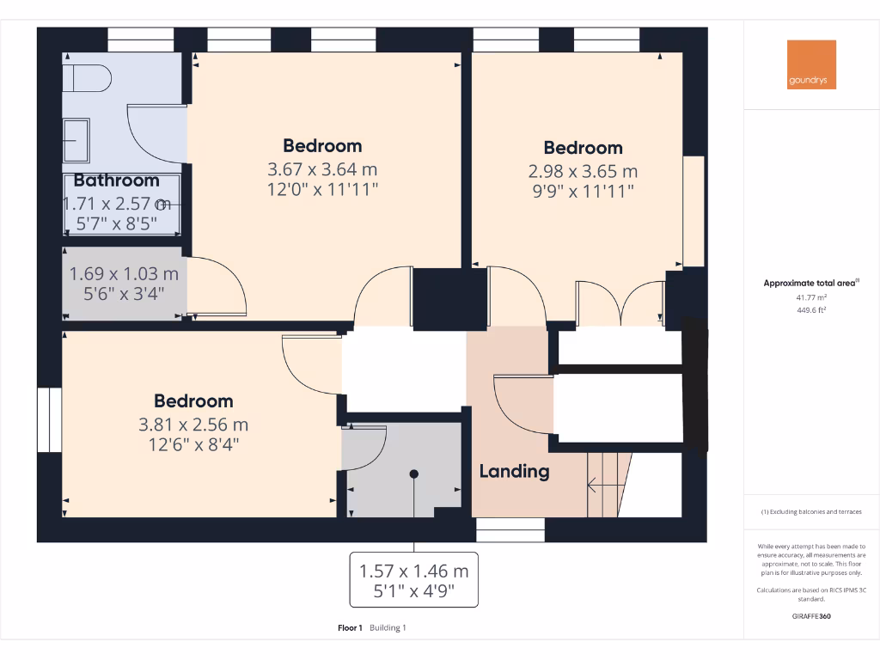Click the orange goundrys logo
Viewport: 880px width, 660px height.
811,64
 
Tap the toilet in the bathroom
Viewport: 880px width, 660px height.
86,78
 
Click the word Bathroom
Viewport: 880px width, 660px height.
116,180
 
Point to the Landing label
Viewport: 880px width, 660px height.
514,471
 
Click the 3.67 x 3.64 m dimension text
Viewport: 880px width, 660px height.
322,169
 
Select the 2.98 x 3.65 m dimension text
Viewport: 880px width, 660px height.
583,171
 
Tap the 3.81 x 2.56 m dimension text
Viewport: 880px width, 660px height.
192,425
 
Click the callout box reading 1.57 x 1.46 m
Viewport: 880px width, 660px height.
413,580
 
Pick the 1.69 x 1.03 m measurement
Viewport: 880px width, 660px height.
124,274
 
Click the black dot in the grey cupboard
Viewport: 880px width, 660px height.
413,474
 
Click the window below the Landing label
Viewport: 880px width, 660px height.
510,530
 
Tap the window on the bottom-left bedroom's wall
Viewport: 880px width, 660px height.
49,419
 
